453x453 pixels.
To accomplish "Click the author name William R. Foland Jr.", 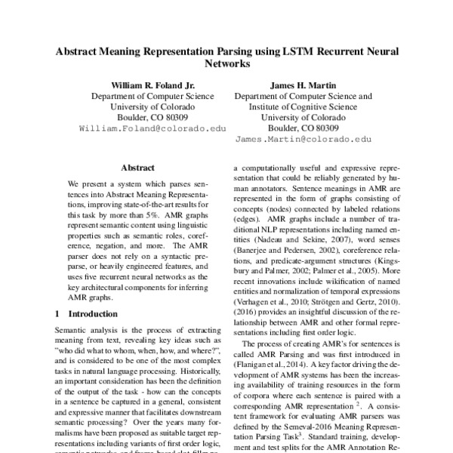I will click(153, 85).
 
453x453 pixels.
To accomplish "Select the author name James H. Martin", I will click(303, 85).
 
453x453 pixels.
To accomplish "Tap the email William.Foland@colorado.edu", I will click(153, 128).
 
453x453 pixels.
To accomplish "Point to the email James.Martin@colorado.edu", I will click(303, 140).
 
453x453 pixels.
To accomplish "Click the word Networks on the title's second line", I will click(227, 66).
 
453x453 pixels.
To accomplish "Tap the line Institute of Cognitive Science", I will click(303, 107).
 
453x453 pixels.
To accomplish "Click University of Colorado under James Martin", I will click(303, 118).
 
